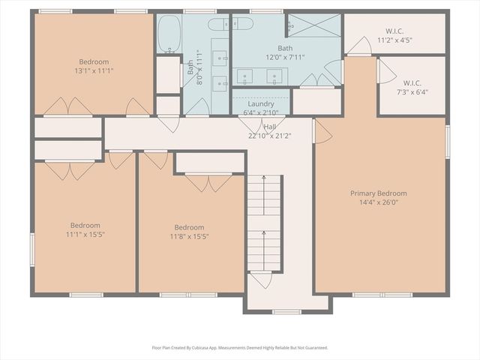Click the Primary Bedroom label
click(x=379, y=193)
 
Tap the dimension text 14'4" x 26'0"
click(x=379, y=202)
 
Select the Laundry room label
click(x=260, y=103)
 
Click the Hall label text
click(x=269, y=127)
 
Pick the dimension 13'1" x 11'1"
click(x=94, y=70)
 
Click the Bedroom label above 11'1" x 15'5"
click(x=85, y=225)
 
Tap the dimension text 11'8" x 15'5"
click(x=189, y=236)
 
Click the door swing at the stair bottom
click(x=261, y=280)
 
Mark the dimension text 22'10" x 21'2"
click(x=269, y=136)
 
